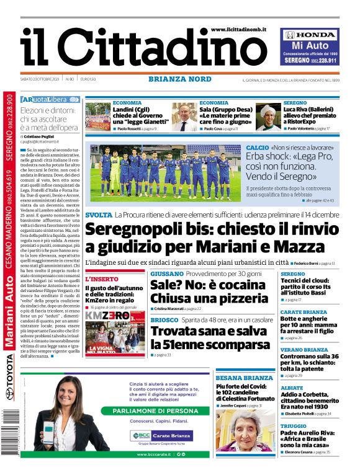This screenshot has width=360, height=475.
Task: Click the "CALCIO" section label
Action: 257,148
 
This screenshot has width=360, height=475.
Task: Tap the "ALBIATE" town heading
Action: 292,387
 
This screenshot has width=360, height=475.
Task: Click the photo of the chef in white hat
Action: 268,117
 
